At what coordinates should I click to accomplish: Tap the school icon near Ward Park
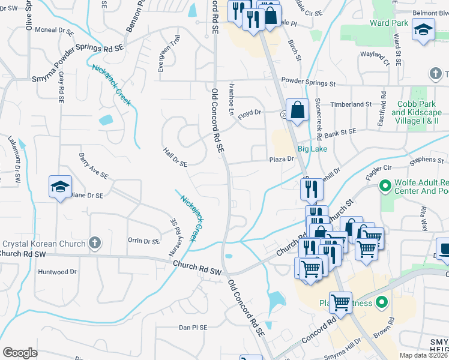pos(423,30)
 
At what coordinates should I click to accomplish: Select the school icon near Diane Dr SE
pos(60,187)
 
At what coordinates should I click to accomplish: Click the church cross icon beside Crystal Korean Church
pos(93,242)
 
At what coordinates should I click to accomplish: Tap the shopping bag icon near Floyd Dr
pos(297,110)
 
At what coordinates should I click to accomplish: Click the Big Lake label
pos(313,149)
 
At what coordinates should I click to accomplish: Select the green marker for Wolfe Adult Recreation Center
pos(385,188)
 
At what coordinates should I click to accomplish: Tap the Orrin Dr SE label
pos(143,241)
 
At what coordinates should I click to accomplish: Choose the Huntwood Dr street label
pos(58,271)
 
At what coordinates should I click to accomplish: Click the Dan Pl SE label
pos(193,328)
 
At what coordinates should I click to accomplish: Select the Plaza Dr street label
pos(281,159)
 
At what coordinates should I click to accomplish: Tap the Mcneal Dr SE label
pos(53,29)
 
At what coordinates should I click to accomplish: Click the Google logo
pos(20,352)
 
